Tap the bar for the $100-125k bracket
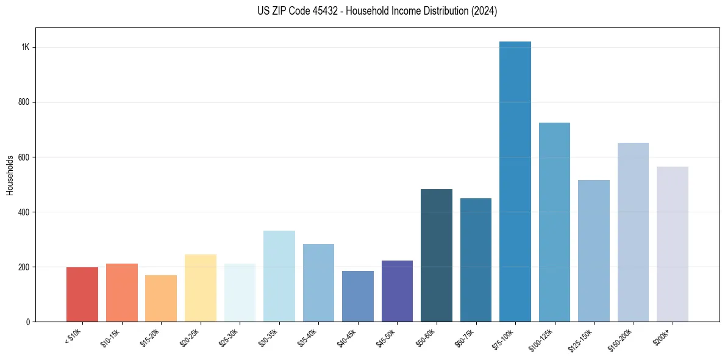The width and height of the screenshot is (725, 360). pos(554,222)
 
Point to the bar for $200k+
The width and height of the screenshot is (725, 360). pos(673,244)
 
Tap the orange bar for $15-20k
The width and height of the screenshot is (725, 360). pos(161,298)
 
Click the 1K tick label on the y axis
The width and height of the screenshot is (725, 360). pos(26,48)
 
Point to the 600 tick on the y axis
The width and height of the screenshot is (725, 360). pos(24,157)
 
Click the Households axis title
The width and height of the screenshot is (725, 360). pos(10,175)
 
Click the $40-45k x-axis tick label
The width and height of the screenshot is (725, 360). pos(345,337)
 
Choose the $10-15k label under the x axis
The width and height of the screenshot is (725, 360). pos(109,337)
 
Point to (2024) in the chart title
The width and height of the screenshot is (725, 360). pos(485,11)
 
